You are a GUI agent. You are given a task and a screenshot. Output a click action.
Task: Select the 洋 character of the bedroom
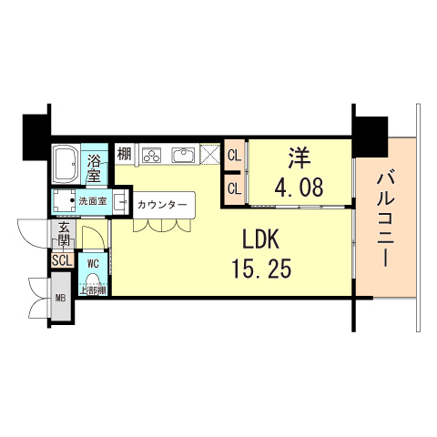[297, 158]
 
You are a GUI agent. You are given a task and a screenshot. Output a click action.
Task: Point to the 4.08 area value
[297, 188]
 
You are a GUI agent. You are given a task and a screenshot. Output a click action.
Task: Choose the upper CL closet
[234, 155]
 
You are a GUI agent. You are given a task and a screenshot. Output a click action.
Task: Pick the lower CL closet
[234, 188]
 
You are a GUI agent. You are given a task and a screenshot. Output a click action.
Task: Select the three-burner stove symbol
[151, 155]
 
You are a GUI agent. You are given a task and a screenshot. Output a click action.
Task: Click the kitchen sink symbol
[185, 154]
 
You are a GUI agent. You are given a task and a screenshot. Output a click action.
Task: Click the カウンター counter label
[163, 205]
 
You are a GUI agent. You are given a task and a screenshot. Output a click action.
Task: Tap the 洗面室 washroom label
[92, 200]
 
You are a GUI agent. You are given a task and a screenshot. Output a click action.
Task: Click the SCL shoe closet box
[62, 260]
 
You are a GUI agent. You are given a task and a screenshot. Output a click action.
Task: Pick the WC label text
[93, 263]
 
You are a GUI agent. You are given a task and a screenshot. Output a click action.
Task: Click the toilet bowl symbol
[93, 280]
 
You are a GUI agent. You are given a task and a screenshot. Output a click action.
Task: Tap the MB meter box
[61, 297]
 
